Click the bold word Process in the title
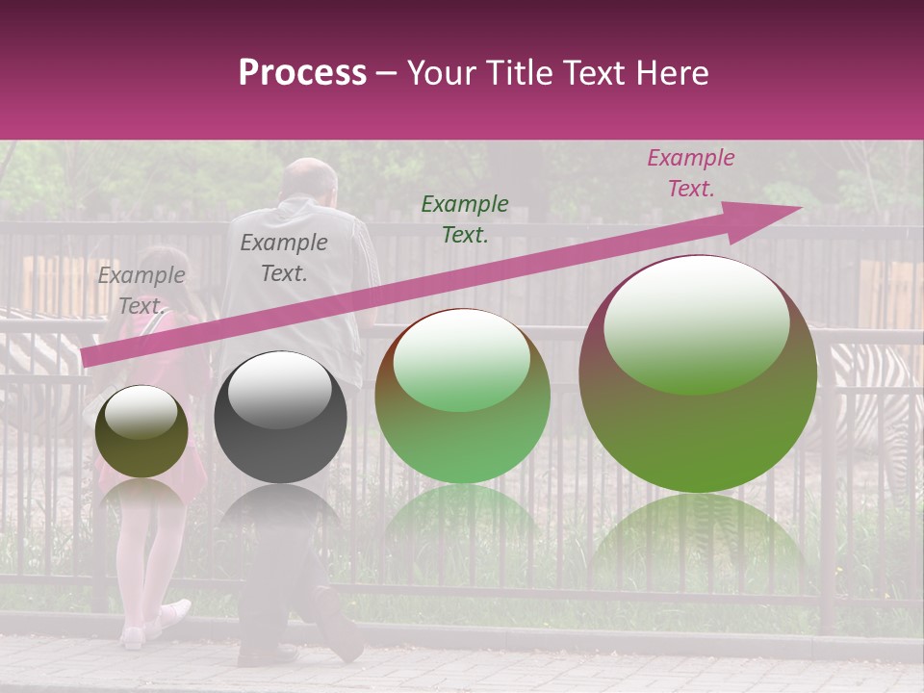[x=302, y=73]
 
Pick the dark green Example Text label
[x=465, y=218]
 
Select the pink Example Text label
[x=690, y=173]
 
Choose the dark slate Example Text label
[x=283, y=258]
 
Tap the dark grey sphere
[x=280, y=418]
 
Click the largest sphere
[x=698, y=375]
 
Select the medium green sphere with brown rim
[x=462, y=397]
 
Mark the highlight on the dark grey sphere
[x=279, y=391]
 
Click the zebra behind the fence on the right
[x=871, y=395]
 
